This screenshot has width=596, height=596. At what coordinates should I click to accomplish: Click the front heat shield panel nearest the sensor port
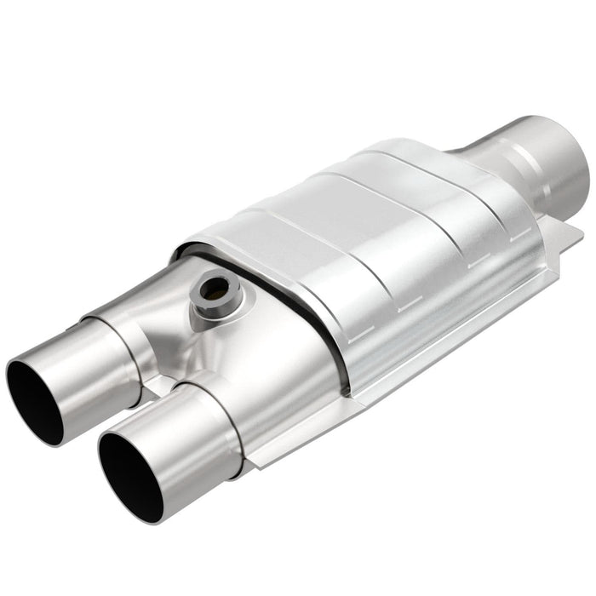[x=281, y=255]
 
